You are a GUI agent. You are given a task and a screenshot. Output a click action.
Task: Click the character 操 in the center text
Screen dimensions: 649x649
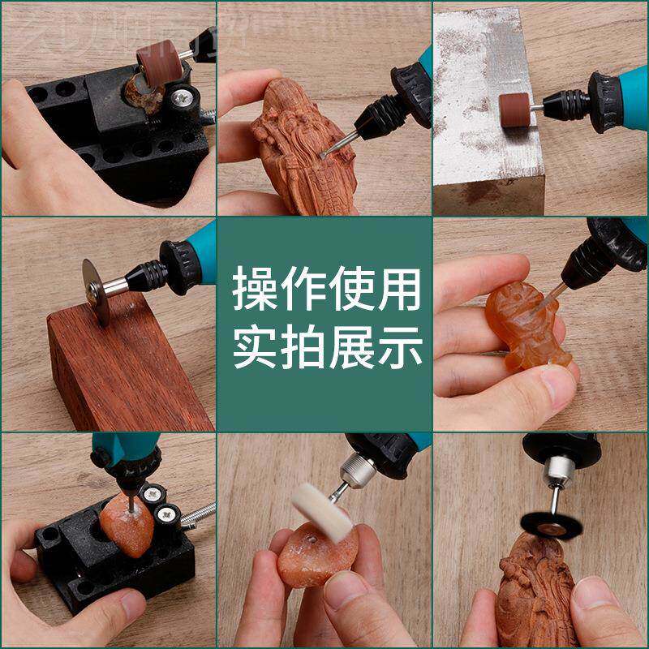254,290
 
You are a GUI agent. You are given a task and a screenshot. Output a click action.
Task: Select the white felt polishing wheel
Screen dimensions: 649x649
322,510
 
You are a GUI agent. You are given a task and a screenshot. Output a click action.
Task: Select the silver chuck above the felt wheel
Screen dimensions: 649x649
357,468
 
